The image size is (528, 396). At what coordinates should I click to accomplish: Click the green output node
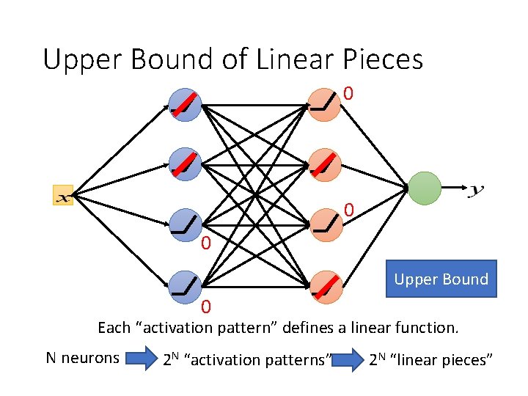coord(425,188)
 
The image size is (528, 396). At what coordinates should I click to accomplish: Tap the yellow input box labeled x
coord(63,195)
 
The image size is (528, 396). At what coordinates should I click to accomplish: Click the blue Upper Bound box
coord(441,279)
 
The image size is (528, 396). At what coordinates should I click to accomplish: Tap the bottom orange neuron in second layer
coord(324,286)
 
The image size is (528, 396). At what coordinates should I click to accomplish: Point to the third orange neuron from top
coord(324,224)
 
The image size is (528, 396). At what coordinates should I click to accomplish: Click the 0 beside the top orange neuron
coord(349,94)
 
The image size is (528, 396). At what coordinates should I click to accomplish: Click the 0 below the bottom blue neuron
coord(207,307)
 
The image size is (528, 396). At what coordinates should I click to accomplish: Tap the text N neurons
coord(82,358)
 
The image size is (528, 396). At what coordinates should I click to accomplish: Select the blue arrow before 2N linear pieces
coord(348,359)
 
